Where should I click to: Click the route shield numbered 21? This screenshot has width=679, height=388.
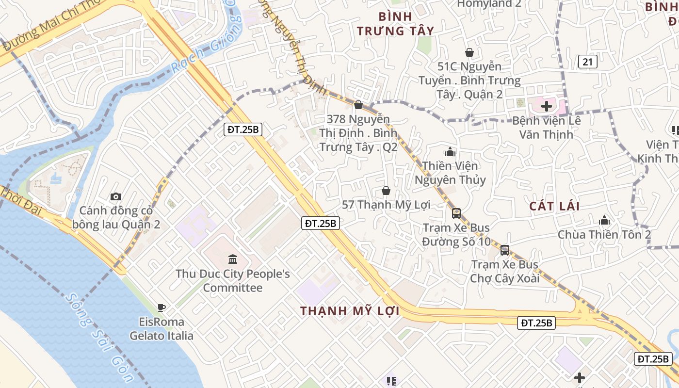[x=587, y=62]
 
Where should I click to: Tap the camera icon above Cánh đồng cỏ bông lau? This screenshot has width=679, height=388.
[x=115, y=196]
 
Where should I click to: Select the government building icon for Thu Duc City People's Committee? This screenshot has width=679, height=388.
[x=232, y=259]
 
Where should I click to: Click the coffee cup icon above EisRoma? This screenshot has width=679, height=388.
[x=162, y=307]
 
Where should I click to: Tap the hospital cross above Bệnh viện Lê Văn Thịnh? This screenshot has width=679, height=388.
[x=547, y=106]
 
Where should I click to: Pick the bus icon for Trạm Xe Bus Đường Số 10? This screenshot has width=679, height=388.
[x=456, y=213]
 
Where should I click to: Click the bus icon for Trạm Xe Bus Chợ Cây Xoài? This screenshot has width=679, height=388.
[x=505, y=250]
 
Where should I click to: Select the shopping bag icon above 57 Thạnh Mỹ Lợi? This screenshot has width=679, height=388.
[x=386, y=191]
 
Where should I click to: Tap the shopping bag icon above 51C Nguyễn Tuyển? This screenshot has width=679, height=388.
[x=469, y=52]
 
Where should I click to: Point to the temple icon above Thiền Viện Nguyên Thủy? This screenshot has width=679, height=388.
[x=450, y=152]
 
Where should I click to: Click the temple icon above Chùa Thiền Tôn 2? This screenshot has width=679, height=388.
[x=604, y=220]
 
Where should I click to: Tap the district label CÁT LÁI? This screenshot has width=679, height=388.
[x=554, y=206]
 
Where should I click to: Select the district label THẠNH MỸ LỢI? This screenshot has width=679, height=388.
[x=350, y=311]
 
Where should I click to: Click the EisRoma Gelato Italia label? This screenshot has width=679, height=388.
[x=162, y=329]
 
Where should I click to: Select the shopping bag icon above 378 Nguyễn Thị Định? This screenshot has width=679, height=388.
[x=358, y=105]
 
